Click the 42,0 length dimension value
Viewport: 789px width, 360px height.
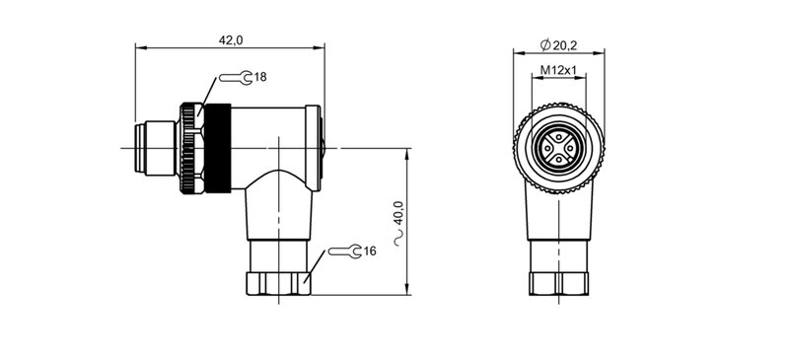pyautogui.click(x=230, y=39)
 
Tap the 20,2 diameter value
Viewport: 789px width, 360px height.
pyautogui.click(x=563, y=45)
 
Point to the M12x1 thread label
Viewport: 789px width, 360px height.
pyautogui.click(x=558, y=71)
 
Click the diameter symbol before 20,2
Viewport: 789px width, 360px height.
pyautogui.click(x=545, y=45)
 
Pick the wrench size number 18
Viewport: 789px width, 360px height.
pyautogui.click(x=260, y=77)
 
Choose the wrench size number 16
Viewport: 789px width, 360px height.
pyautogui.click(x=370, y=252)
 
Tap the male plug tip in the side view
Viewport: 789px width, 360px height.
pyautogui.click(x=148, y=148)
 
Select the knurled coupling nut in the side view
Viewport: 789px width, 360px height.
pyautogui.click(x=188, y=148)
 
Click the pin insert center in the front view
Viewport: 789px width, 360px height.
pyautogui.click(x=558, y=148)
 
